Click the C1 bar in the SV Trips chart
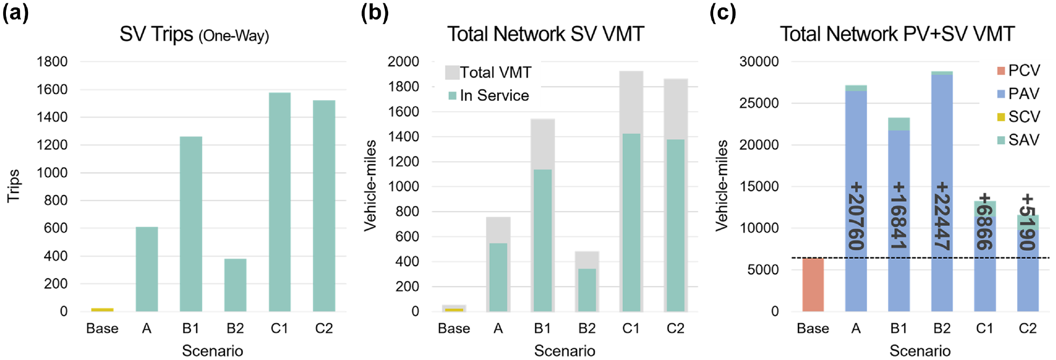click(x=279, y=202)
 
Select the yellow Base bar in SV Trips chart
click(x=102, y=310)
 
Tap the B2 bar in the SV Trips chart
click(x=235, y=285)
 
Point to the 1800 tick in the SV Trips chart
click(x=52, y=61)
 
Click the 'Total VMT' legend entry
click(x=488, y=72)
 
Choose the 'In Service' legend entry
click(x=489, y=95)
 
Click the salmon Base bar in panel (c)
click(x=813, y=285)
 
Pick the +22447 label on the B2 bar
click(x=942, y=216)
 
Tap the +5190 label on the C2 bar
click(x=1027, y=222)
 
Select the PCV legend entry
click(x=1018, y=71)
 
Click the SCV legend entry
click(x=1018, y=117)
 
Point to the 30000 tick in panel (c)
click(x=759, y=61)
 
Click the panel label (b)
click(x=375, y=12)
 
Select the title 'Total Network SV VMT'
click(x=546, y=34)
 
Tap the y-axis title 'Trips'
click(x=13, y=186)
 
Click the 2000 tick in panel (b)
click(x=403, y=61)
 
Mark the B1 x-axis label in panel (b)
click(x=542, y=328)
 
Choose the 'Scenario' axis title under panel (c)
click(x=920, y=351)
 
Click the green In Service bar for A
click(x=498, y=277)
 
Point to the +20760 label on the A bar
click(x=856, y=216)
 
